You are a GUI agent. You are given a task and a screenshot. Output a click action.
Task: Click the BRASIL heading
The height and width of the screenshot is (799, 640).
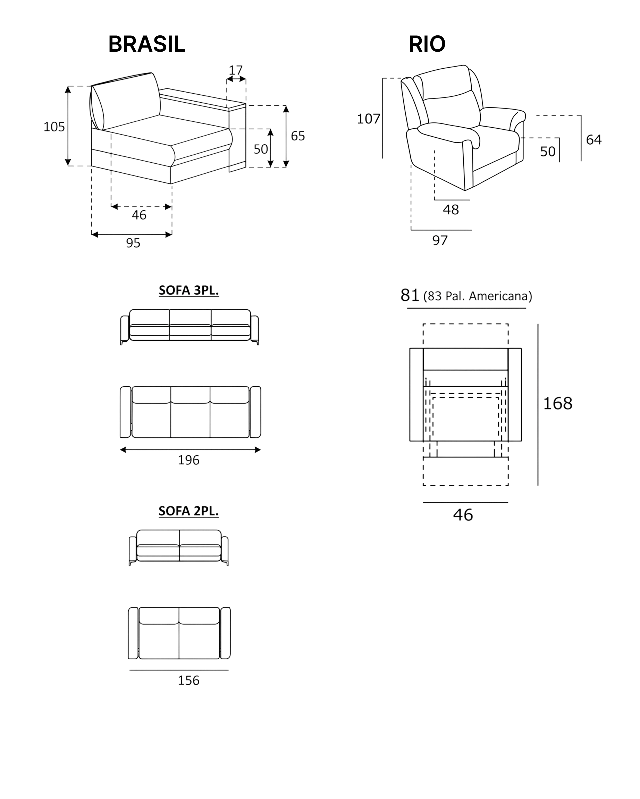(x=146, y=44)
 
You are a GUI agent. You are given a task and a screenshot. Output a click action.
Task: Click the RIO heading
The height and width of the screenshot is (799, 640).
(x=427, y=44)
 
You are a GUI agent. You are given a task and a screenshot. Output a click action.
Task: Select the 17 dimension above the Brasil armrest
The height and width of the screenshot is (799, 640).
(x=235, y=70)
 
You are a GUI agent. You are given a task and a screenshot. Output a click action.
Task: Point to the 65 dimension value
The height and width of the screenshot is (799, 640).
(x=298, y=136)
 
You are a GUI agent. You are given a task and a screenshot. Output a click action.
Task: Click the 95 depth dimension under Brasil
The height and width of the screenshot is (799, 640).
(x=133, y=243)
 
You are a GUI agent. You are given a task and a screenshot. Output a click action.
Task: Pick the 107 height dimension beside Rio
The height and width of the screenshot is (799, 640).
(x=369, y=119)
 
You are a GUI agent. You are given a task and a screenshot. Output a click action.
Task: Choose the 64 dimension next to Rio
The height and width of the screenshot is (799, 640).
(x=593, y=139)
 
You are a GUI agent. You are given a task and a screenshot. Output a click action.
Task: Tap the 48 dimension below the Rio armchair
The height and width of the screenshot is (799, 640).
(x=451, y=210)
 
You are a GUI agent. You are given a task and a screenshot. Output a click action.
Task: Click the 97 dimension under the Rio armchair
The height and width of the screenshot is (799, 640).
(x=440, y=241)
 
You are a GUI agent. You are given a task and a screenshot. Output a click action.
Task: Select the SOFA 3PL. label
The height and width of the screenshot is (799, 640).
(x=189, y=290)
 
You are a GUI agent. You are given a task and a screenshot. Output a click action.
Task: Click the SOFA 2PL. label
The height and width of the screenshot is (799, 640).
(x=189, y=511)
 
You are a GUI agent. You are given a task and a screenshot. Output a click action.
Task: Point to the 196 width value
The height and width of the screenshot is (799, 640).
(x=189, y=460)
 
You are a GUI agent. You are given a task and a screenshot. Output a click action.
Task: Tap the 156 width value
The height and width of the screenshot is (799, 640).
(x=189, y=680)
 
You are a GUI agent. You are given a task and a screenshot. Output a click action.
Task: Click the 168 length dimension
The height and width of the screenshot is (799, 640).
(x=558, y=403)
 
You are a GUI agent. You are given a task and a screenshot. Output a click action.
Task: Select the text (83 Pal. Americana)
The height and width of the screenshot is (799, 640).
(x=478, y=296)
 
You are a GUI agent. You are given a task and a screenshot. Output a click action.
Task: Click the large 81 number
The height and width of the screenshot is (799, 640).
(x=410, y=295)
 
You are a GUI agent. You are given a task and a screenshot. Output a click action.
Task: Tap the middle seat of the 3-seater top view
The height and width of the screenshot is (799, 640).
(x=191, y=412)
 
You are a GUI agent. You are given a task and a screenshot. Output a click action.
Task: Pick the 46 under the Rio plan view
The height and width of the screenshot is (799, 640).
(x=463, y=515)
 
